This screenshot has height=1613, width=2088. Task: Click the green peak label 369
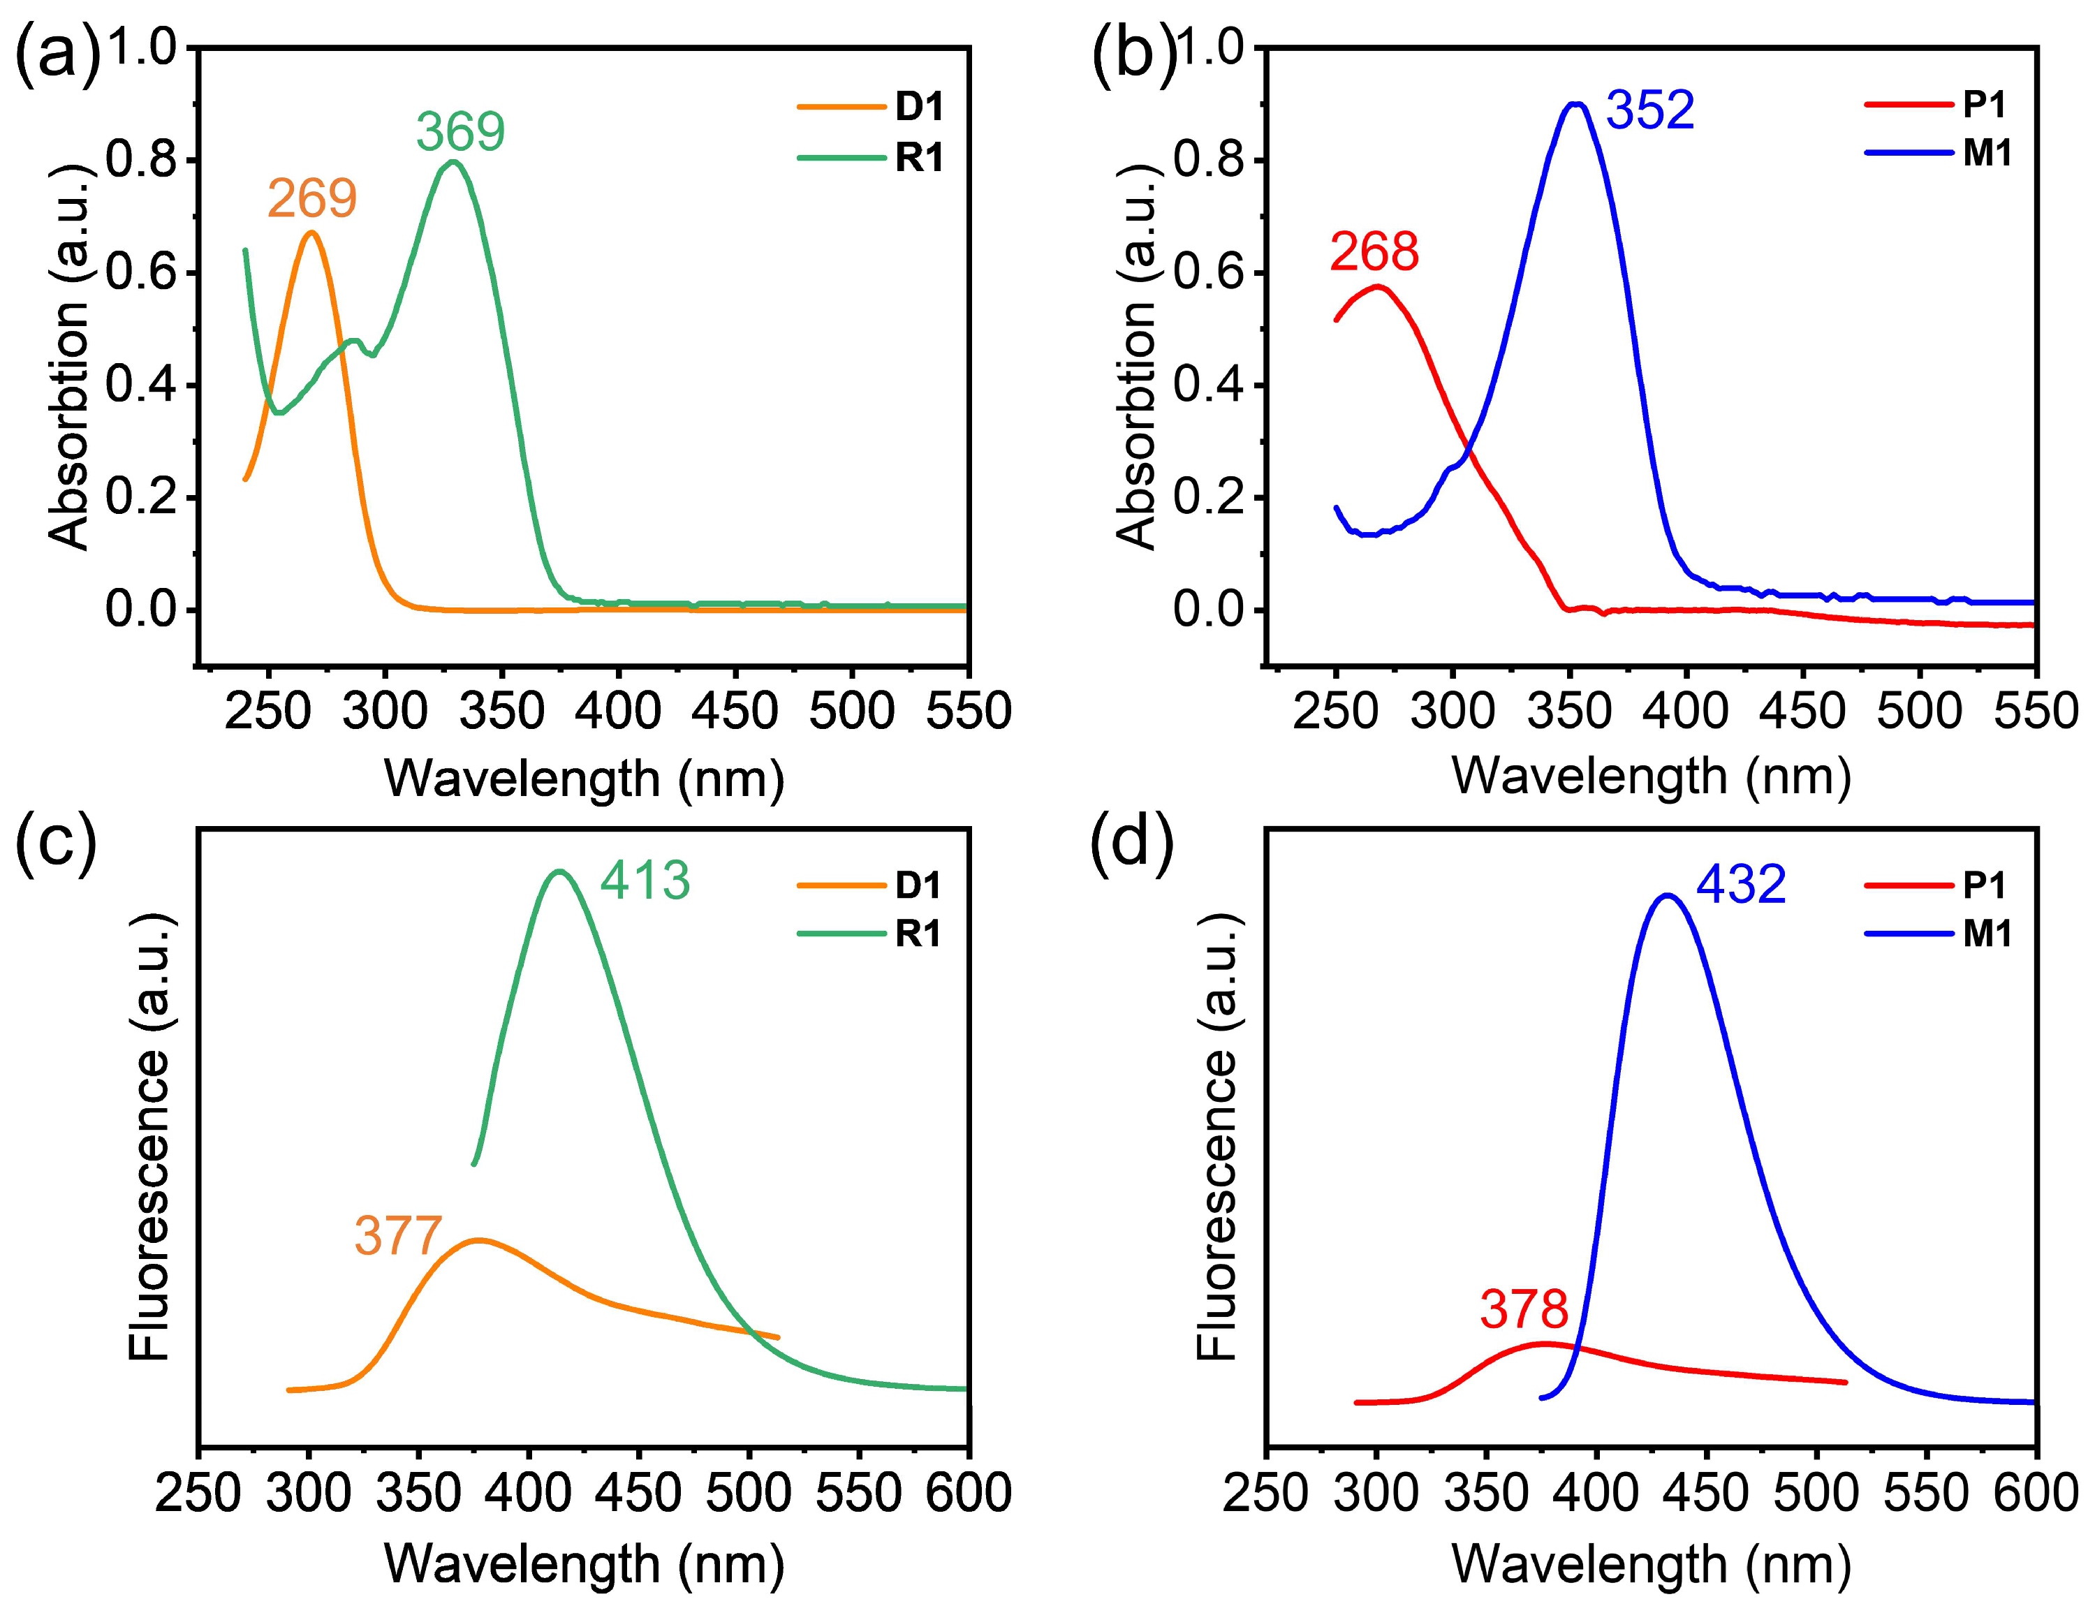click(460, 132)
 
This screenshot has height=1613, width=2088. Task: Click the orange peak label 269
click(311, 199)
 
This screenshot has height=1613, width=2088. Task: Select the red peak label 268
click(1374, 251)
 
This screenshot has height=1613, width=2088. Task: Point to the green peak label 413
click(645, 881)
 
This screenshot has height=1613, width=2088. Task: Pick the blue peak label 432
click(1740, 885)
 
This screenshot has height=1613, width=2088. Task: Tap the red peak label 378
click(1524, 1310)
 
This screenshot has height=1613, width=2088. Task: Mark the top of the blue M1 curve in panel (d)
click(1668, 896)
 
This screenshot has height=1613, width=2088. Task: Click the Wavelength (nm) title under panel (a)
click(584, 779)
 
